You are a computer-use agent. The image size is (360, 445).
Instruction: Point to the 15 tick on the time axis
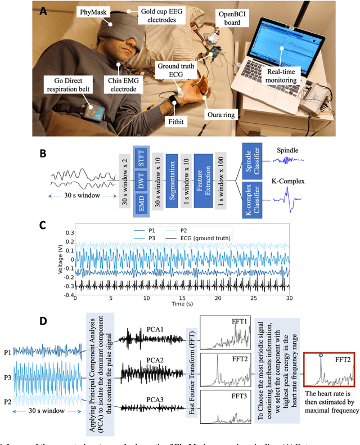(182, 297)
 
